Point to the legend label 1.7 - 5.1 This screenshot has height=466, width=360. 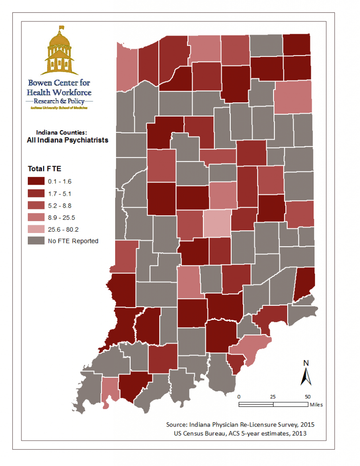[60, 193]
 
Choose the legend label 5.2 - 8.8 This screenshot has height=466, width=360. [60, 205]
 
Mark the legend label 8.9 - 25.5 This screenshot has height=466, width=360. [61, 217]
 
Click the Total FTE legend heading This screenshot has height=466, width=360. [42, 168]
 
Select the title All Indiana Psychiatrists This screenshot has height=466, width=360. [68, 140]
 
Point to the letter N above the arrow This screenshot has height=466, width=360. [306, 363]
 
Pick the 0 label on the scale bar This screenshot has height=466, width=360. [239, 396]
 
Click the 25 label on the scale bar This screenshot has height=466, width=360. [273, 396]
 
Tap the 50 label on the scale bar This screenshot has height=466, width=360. [308, 396]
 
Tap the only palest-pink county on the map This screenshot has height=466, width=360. [217, 224]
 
